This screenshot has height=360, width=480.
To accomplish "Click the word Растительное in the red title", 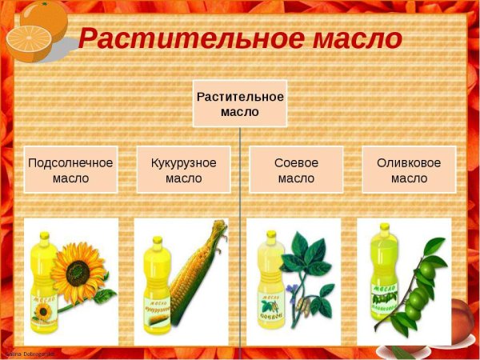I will point(188,38).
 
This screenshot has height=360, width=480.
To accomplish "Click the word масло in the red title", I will point(353,38).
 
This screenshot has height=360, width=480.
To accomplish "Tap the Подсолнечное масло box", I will point(70,170).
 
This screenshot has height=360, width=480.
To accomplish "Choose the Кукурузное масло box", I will point(183,170).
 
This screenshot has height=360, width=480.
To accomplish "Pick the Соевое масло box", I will point(296,170).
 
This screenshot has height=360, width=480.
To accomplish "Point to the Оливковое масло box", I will point(409,170).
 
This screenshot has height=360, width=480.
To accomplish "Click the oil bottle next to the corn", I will point(156,288).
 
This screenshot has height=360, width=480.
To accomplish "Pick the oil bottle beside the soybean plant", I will point(268,288).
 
